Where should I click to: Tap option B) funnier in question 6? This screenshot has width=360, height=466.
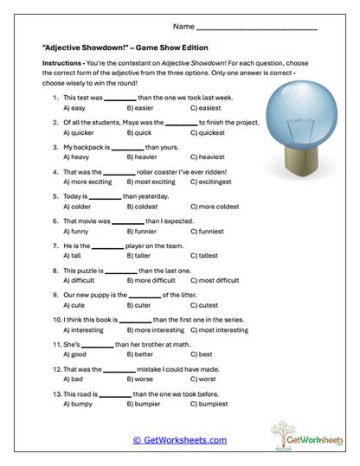143,232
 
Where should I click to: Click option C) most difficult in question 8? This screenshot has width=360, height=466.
218,281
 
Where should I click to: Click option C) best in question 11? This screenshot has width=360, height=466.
201,354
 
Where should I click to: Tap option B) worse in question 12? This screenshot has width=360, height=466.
140,379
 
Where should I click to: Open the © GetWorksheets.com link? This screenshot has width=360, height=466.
179,440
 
